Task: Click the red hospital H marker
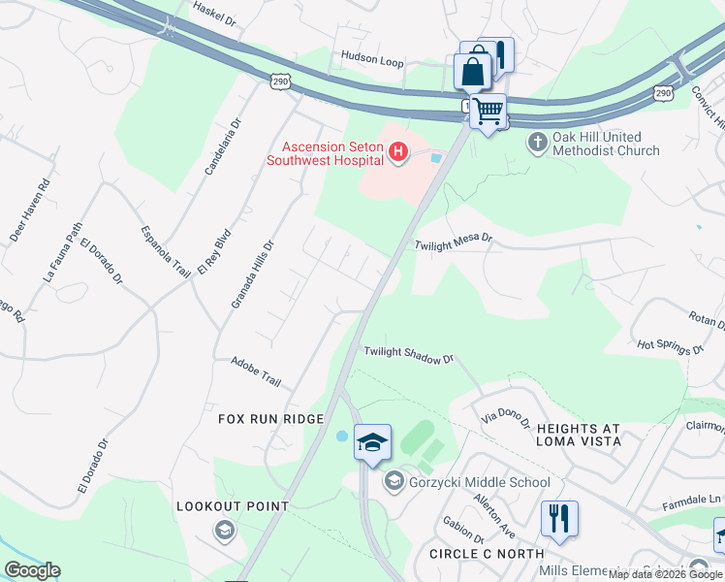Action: pyautogui.click(x=396, y=152)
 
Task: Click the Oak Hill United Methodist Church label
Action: pyautogui.click(x=606, y=144)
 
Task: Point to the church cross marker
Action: pyautogui.click(x=538, y=144)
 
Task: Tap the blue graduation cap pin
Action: pyautogui.click(x=372, y=443)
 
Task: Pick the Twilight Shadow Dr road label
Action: pyautogui.click(x=409, y=355)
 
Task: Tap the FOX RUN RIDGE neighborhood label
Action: pyautogui.click(x=270, y=418)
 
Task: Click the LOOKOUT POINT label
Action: pyautogui.click(x=233, y=506)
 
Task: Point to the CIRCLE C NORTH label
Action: pyautogui.click(x=487, y=553)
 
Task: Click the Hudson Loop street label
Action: pyautogui.click(x=371, y=60)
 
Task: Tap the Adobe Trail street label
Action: pyautogui.click(x=255, y=371)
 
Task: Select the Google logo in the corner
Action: pyautogui.click(x=32, y=570)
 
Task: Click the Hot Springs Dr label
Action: pyautogui.click(x=670, y=346)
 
